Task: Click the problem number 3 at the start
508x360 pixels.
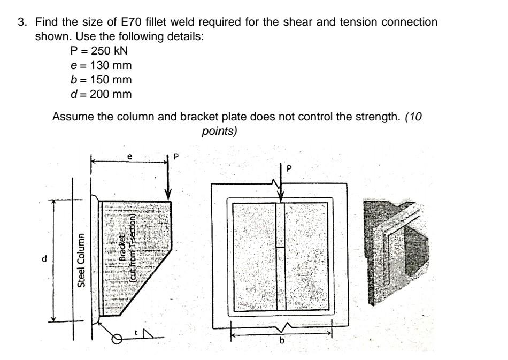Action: pyautogui.click(x=22, y=22)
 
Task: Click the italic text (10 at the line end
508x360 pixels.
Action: pyautogui.click(x=415, y=117)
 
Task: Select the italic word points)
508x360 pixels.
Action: pyautogui.click(x=219, y=131)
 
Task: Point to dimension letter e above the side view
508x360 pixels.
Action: pyautogui.click(x=128, y=156)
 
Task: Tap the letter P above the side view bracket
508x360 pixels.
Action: pyautogui.click(x=176, y=157)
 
